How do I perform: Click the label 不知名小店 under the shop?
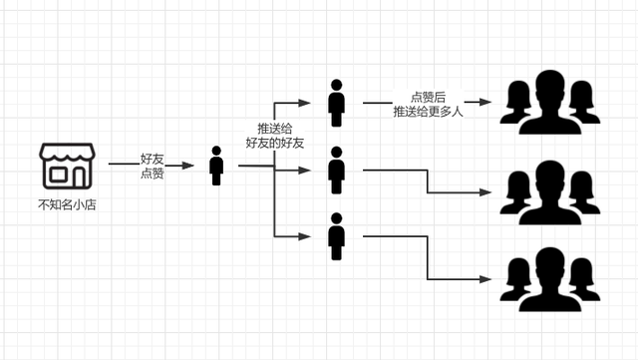pos(67,205)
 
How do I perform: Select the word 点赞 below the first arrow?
pos(153,174)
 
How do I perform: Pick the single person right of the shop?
pos(216,166)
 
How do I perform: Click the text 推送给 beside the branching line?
pos(274,129)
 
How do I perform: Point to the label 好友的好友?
pos(274,144)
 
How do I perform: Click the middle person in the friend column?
pos(336,170)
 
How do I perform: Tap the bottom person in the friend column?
pos(336,236)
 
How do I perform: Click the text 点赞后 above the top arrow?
pos(428,97)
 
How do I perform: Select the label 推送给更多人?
pos(428,111)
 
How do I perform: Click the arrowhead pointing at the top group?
pos(484,103)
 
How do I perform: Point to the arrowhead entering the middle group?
pos(486,193)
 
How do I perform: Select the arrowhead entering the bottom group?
pos(486,278)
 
